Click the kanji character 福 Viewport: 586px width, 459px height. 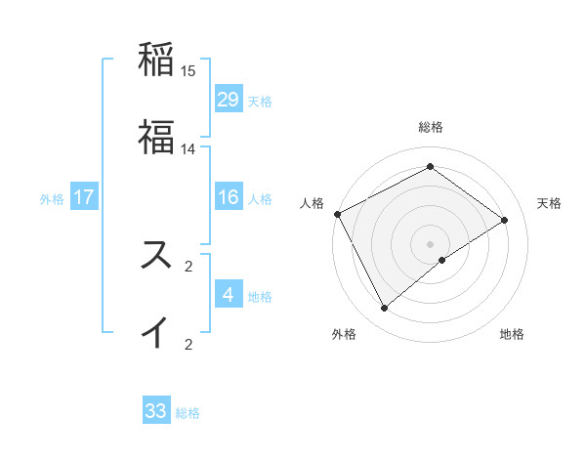[x=156, y=137]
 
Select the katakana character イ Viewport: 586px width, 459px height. [x=156, y=331]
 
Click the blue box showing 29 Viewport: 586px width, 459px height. [x=228, y=99]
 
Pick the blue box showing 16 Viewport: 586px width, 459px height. [x=228, y=197]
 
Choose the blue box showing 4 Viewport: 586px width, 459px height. [x=228, y=294]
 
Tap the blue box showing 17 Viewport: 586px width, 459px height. [x=84, y=197]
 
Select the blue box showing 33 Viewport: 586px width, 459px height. [x=156, y=411]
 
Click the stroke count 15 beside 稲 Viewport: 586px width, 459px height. [x=188, y=71]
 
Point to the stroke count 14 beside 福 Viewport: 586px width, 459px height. [x=188, y=149]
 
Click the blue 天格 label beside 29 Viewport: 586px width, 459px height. [x=260, y=101]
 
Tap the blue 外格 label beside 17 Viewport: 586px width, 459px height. [x=52, y=198]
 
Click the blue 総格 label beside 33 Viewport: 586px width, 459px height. [x=188, y=413]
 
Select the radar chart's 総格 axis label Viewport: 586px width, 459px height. [x=431, y=127]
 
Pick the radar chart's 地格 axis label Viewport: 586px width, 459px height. [x=512, y=334]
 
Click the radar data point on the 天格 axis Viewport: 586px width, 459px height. [x=505, y=220]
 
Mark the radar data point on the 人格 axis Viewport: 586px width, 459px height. [x=337, y=214]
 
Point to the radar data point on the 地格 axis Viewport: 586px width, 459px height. [x=442, y=260]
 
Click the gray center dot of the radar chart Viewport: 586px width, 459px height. [x=431, y=243]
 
